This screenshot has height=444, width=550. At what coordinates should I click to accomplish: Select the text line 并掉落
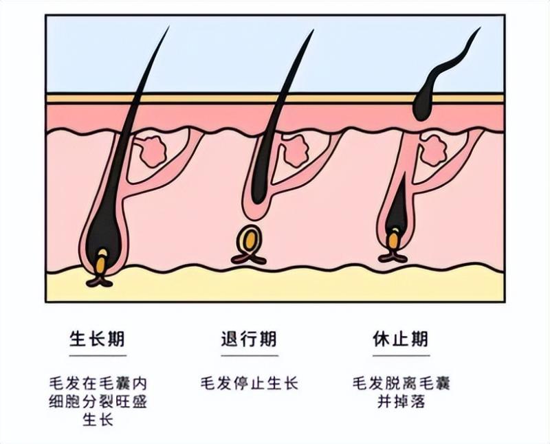(x=401, y=401)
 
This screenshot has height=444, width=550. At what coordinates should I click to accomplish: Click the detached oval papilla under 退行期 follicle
(x=249, y=241)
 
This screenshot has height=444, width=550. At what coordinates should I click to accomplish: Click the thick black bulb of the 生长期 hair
(x=103, y=234)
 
